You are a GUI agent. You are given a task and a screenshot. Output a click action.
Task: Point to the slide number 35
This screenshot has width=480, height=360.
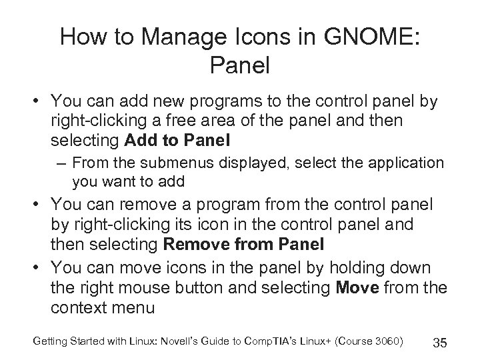coord(439,343)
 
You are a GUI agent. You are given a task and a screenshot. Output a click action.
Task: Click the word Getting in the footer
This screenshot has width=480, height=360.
coord(47,341)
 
